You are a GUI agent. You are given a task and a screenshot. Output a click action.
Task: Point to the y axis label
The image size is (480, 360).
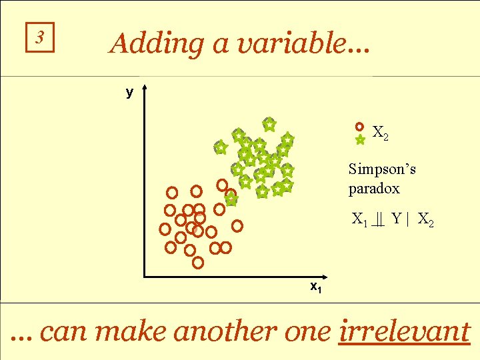130,93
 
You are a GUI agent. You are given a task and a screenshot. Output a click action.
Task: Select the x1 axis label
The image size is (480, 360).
316,287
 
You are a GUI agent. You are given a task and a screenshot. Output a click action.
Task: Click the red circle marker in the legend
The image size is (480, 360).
360,126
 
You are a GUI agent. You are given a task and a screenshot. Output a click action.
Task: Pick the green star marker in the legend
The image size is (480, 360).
360,140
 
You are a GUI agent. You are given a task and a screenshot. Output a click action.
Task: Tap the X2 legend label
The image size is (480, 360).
381,133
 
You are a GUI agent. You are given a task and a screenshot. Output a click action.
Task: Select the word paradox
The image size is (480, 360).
374,189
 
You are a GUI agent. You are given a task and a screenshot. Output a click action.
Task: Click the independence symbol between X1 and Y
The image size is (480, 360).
379,219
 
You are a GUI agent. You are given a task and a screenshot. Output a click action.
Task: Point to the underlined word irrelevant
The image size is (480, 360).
404,331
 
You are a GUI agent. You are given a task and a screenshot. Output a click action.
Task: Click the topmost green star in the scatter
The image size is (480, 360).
269,124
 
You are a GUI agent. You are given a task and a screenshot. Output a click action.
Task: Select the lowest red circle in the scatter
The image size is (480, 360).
198,263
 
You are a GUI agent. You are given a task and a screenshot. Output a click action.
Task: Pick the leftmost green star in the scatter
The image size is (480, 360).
220,147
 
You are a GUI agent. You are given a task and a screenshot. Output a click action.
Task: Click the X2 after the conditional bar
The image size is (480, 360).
426,219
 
